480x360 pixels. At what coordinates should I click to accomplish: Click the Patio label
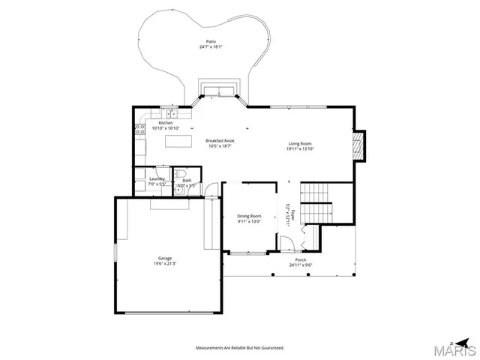click(211, 41)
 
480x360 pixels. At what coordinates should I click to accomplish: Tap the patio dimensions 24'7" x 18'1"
click(211, 47)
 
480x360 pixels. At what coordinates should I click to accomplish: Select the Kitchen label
click(165, 123)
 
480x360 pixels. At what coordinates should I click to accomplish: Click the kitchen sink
click(171, 114)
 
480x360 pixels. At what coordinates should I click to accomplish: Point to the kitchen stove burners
click(139, 131)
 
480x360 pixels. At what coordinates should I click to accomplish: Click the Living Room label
click(300, 143)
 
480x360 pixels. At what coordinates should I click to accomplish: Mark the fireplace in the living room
click(359, 146)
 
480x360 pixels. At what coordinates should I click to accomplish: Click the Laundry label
click(157, 179)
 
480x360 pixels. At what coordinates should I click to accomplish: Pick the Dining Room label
click(249, 215)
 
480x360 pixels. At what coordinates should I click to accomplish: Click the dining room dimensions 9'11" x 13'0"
click(249, 221)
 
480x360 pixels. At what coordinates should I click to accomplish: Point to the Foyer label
click(294, 217)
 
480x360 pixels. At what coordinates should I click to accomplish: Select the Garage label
click(165, 258)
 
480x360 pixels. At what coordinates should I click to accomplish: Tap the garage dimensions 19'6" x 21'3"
click(165, 264)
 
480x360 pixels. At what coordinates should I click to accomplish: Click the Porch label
click(300, 259)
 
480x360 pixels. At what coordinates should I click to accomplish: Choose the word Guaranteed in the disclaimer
click(271, 348)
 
